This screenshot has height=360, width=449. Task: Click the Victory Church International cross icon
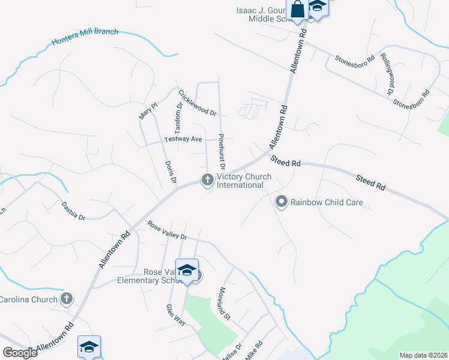[207, 179]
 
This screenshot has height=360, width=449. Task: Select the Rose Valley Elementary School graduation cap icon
[187, 270]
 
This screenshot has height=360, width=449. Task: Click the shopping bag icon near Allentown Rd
[298, 10]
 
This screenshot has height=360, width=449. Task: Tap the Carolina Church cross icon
[67, 298]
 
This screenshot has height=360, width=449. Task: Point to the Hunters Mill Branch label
[85, 37]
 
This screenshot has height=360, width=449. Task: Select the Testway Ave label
[184, 139]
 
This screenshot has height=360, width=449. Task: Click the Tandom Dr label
[178, 118]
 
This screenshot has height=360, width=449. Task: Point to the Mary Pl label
[148, 110]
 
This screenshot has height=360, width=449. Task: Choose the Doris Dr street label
[171, 172]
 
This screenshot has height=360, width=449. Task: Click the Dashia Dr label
[73, 211]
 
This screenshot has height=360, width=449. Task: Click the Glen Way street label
[173, 315]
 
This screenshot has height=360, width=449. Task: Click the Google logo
[20, 352]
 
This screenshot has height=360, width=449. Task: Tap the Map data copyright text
[423, 355]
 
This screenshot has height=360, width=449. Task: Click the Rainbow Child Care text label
[327, 202]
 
